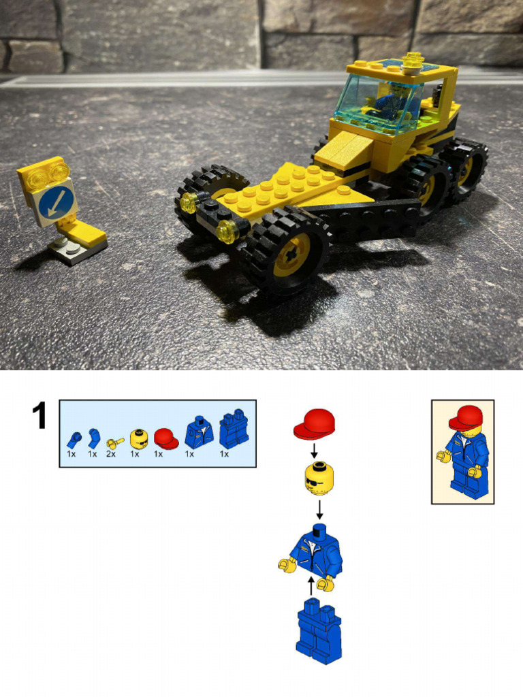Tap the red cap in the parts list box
(165, 438)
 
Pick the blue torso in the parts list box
(199, 433)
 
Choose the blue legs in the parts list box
(233, 429)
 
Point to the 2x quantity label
(110, 454)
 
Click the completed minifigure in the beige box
(463, 451)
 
